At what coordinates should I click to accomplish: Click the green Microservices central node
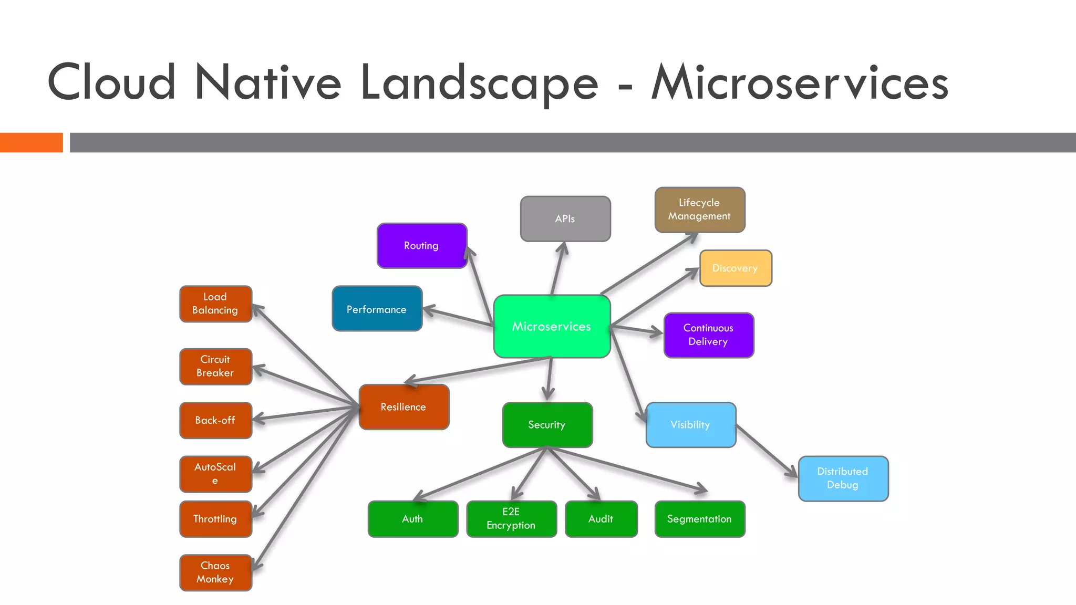(x=552, y=326)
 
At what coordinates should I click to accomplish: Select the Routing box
(x=421, y=246)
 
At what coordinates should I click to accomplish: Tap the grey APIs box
(x=565, y=219)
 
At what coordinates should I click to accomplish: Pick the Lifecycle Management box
(x=699, y=210)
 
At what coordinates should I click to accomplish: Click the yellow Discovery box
(x=735, y=268)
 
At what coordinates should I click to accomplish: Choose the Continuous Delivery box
(x=708, y=335)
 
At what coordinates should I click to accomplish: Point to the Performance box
(x=377, y=309)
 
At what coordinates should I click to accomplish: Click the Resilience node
(x=403, y=407)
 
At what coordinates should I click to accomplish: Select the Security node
(x=547, y=425)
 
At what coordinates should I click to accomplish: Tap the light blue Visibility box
(x=690, y=425)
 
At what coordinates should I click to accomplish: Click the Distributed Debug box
(x=843, y=478)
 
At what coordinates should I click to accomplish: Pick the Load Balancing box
(x=215, y=304)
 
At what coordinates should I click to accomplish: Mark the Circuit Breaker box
(x=215, y=367)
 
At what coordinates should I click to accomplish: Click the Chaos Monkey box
(x=215, y=572)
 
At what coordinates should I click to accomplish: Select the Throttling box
(x=215, y=519)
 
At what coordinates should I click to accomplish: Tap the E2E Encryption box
(x=511, y=519)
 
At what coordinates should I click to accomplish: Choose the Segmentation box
(x=699, y=519)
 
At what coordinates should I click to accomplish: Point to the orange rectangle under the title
(x=31, y=142)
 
